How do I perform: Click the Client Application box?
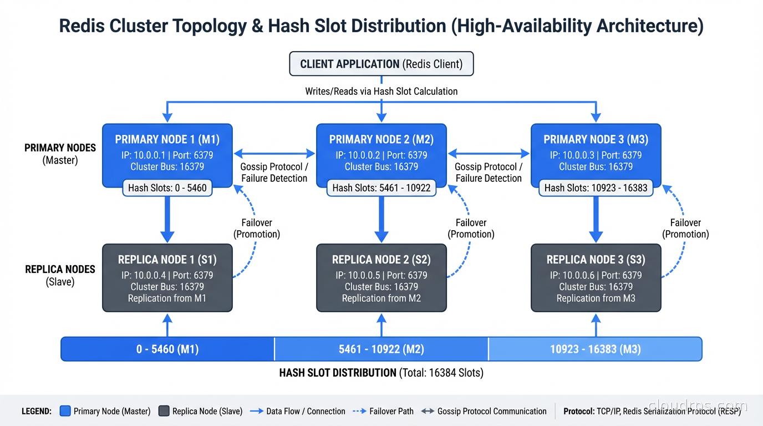[x=381, y=64]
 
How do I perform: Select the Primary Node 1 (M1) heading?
[x=167, y=139]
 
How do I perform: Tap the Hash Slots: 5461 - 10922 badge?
[x=381, y=188]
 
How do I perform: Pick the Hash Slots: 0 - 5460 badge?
[x=167, y=188]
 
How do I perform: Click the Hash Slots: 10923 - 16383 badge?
[x=596, y=188]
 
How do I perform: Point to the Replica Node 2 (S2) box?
[x=381, y=277]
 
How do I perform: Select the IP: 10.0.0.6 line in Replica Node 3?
[x=596, y=275]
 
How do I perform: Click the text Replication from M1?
[x=167, y=298]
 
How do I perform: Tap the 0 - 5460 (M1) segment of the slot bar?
[x=167, y=349]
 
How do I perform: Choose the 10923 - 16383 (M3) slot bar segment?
[x=595, y=349]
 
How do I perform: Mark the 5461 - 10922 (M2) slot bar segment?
[x=381, y=349]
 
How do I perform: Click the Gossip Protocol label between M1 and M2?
[x=274, y=173]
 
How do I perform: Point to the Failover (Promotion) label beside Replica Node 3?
[x=685, y=229]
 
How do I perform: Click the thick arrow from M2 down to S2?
[x=381, y=219]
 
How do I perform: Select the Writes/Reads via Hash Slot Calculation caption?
[x=381, y=92]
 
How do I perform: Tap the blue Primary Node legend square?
[x=65, y=411]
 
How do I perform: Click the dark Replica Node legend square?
[x=164, y=411]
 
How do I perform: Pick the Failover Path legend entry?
[x=383, y=411]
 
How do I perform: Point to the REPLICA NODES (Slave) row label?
[x=60, y=275]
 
